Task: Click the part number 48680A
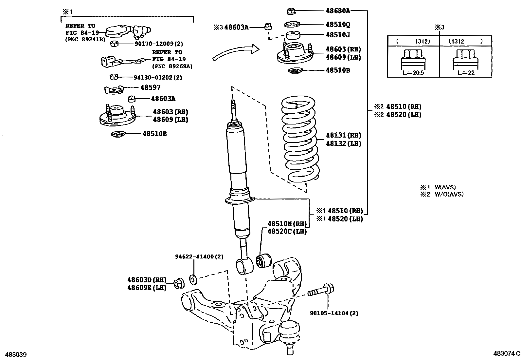(x=338, y=11)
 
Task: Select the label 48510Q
(x=338, y=25)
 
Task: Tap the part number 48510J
(x=338, y=35)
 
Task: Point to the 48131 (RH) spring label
(x=343, y=135)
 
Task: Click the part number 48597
(x=150, y=87)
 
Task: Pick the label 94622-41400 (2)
(x=199, y=256)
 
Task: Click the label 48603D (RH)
(x=147, y=280)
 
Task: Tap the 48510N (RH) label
(x=287, y=224)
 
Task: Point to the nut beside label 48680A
(x=291, y=11)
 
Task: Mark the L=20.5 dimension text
(x=413, y=73)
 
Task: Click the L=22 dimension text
(x=466, y=73)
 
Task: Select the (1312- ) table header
(x=465, y=41)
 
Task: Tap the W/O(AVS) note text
(x=449, y=194)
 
